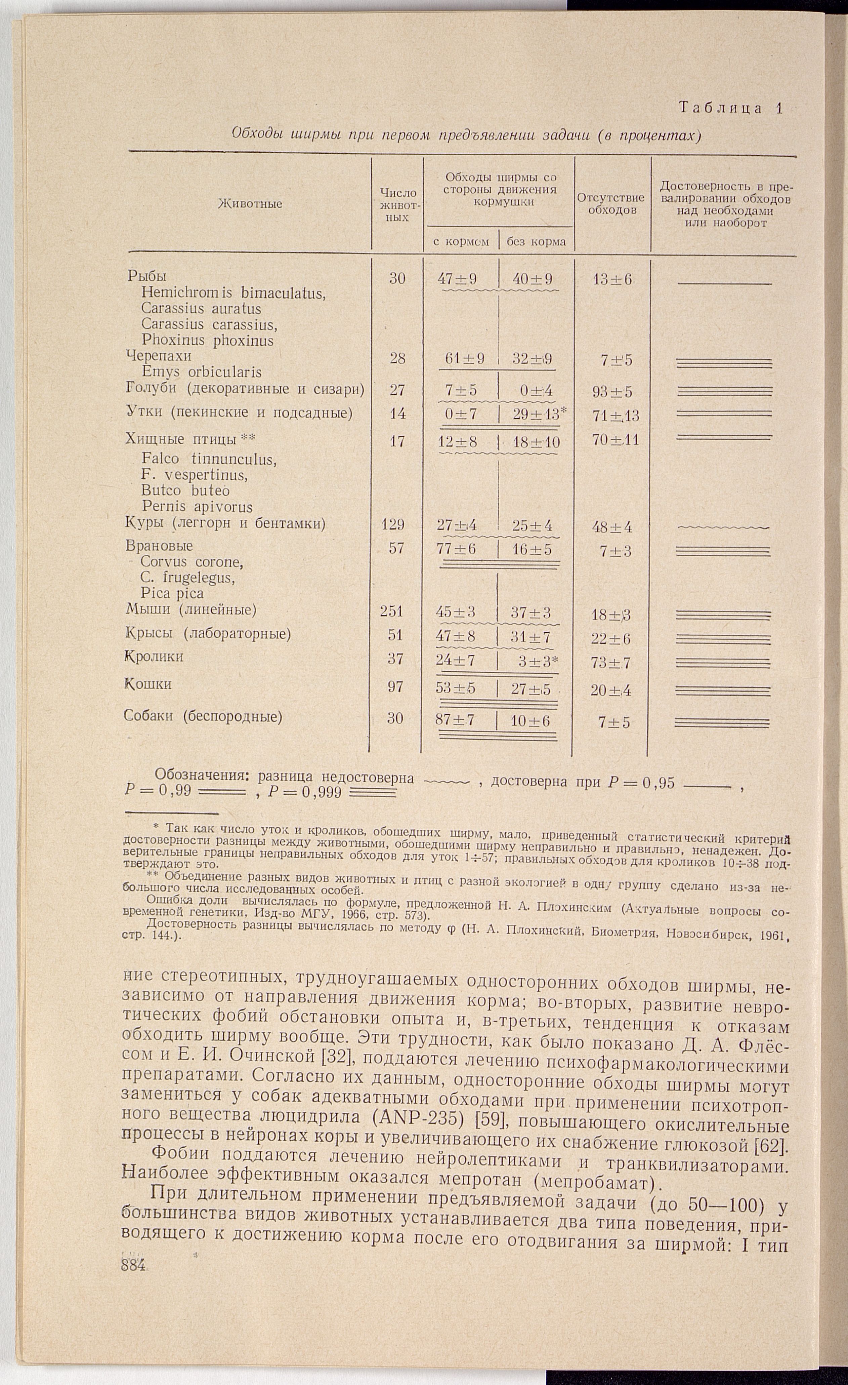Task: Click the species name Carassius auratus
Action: click(x=201, y=309)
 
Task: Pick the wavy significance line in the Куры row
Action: click(x=724, y=527)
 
